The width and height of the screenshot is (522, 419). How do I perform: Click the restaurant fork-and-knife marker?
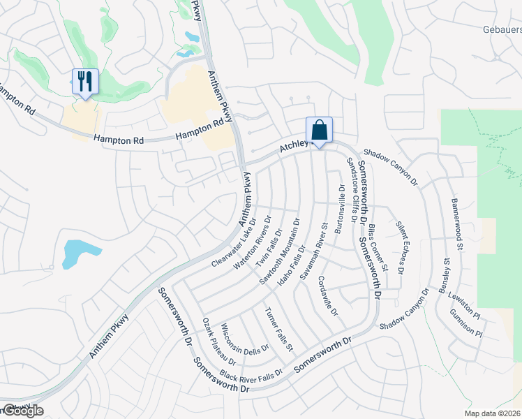(85, 82)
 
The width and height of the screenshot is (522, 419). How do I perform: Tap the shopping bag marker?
(319, 130)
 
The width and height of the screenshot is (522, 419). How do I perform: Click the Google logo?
(22, 411)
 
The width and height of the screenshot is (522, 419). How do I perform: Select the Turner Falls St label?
(279, 328)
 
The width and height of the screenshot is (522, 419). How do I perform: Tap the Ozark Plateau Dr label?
(218, 340)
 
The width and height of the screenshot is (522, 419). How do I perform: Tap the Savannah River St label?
(313, 252)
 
